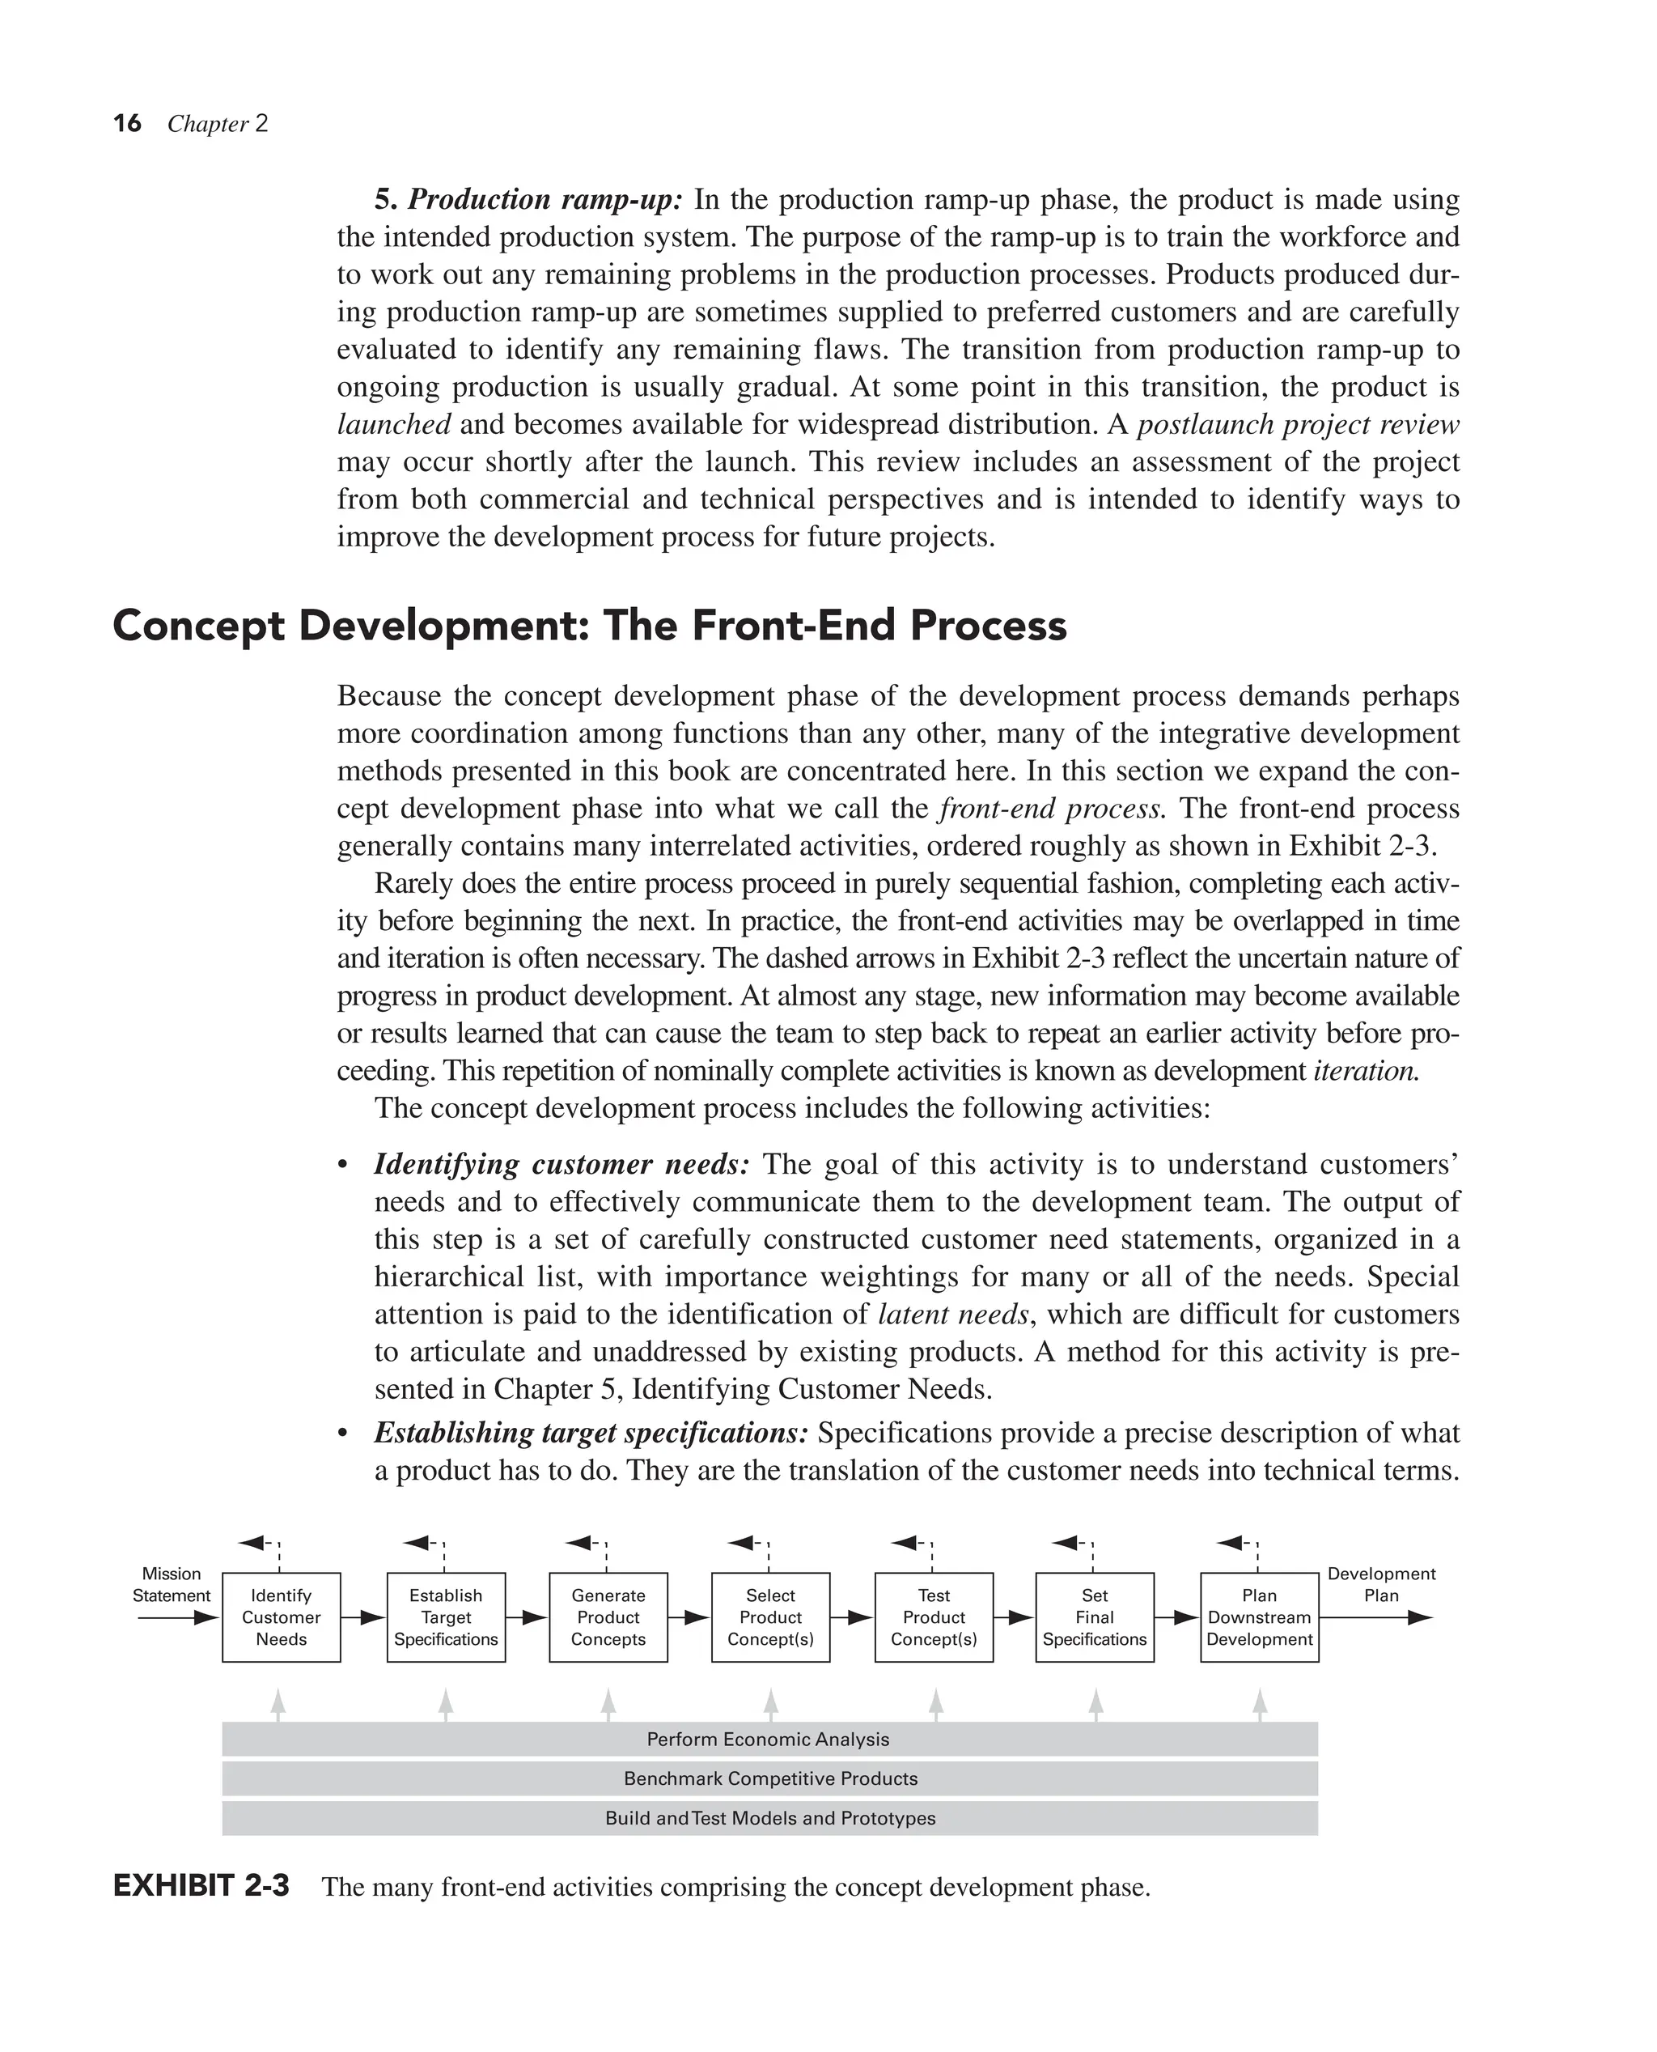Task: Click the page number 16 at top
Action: tap(127, 123)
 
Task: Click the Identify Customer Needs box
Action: tap(281, 1617)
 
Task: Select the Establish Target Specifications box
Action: tap(446, 1617)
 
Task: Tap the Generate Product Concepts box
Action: tap(608, 1617)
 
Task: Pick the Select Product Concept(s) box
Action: tap(770, 1617)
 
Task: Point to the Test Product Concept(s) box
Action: tap(934, 1617)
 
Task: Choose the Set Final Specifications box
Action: tap(1095, 1617)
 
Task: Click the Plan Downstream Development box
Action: tap(1259, 1617)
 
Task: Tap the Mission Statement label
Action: tap(172, 1584)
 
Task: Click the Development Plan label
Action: tap(1381, 1584)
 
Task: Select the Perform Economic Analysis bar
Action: tap(769, 1739)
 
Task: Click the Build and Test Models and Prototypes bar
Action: tap(769, 1818)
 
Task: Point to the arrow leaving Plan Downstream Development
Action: tap(1375, 1617)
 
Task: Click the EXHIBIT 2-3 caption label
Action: tap(201, 1887)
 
